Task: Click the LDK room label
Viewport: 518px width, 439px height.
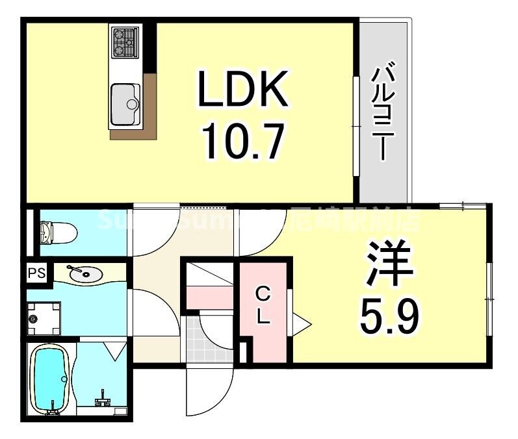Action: [242, 90]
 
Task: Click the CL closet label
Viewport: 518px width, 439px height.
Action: [263, 307]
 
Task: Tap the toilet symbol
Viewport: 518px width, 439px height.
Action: [58, 231]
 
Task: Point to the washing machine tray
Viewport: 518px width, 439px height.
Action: [44, 318]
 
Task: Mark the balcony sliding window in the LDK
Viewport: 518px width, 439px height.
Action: [356, 127]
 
